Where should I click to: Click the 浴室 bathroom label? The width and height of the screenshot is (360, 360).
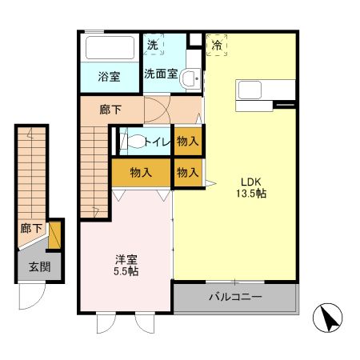pos(109,78)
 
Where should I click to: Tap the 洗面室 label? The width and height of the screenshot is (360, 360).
pos(160,74)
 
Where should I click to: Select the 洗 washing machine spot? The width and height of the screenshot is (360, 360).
pos(152,46)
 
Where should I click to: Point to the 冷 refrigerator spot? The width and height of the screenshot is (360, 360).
pos(216,46)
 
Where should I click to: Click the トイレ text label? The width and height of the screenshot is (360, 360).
pos(156,142)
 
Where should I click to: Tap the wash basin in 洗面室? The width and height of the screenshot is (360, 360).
pos(189,78)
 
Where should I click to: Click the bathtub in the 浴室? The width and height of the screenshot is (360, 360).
pos(109,47)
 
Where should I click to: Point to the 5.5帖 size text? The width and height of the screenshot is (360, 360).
pos(126,272)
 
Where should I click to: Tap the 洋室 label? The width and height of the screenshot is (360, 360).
pos(126,259)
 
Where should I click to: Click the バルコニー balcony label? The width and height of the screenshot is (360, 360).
pos(235,298)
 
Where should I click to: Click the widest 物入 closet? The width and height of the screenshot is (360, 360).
pos(141,172)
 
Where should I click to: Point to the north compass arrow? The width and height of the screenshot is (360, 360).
pos(329,319)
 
